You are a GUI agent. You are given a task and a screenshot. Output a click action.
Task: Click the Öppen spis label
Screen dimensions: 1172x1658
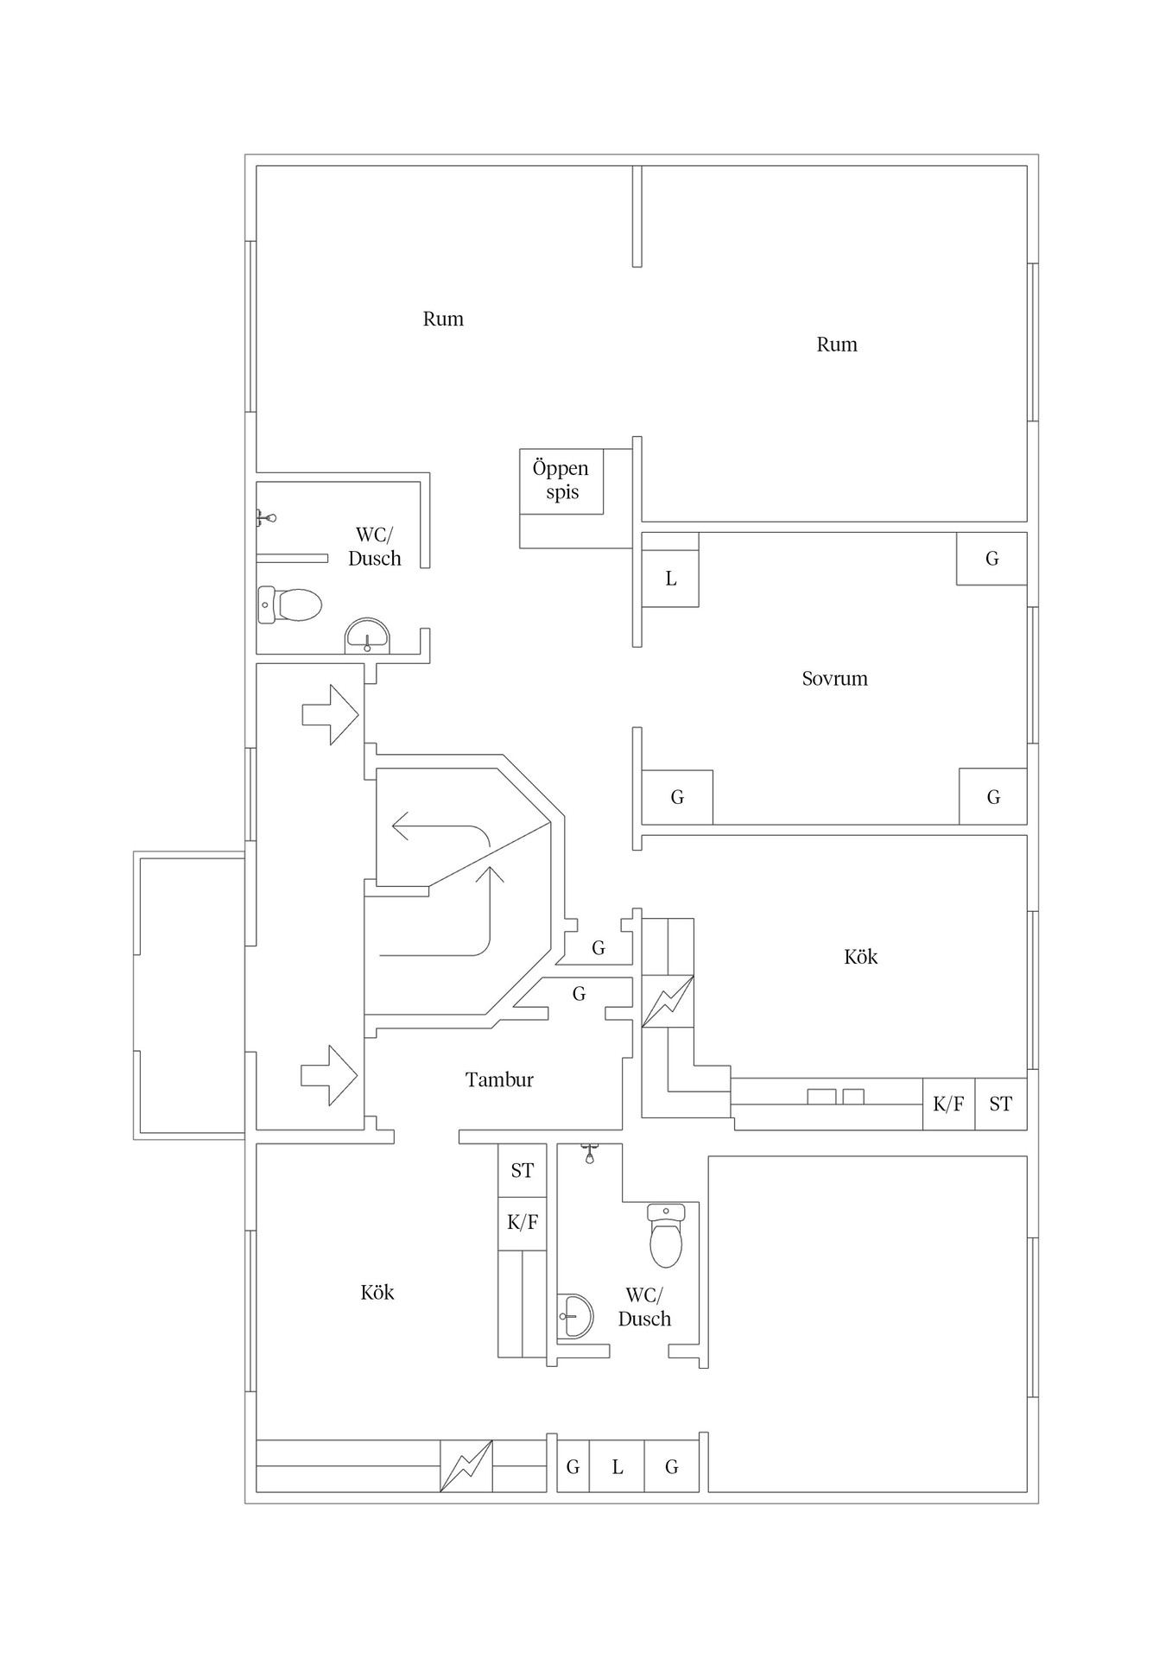pos(561,480)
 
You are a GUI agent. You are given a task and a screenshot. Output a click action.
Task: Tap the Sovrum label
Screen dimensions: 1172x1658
pos(834,679)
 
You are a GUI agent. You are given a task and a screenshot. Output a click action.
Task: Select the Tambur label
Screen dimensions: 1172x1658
pos(499,1079)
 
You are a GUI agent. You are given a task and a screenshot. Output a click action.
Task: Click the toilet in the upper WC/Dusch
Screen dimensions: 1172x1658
pos(290,604)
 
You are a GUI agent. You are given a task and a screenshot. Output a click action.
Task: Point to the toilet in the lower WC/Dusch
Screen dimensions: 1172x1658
pos(666,1235)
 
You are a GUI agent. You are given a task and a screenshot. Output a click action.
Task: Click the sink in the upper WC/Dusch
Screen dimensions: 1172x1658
pos(367,636)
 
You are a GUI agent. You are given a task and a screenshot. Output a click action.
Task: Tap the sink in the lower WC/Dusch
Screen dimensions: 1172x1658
pos(576,1316)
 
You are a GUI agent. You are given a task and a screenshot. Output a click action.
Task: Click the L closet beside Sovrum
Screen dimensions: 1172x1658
pos(670,579)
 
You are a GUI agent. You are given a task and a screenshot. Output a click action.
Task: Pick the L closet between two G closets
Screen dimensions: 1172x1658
pos(617,1466)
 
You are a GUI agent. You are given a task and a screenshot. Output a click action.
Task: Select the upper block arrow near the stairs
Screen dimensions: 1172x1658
pos(330,714)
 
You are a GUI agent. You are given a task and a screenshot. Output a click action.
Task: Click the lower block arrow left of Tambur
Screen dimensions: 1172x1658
pos(329,1075)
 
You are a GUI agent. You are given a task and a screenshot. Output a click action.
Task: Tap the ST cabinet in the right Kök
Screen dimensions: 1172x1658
pos(1001,1104)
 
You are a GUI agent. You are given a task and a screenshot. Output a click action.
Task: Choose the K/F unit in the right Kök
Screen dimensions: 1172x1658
pos(948,1104)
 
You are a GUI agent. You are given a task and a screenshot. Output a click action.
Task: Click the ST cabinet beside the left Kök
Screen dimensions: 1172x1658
pos(522,1170)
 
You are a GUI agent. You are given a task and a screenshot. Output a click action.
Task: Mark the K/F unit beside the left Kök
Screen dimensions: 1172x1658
pos(522,1223)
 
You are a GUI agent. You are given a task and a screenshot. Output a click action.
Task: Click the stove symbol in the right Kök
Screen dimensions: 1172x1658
pos(668,1001)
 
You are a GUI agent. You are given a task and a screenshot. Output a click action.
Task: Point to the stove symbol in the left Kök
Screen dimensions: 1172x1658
pos(466,1466)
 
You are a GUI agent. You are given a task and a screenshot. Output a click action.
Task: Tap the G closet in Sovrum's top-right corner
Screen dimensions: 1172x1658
pos(991,559)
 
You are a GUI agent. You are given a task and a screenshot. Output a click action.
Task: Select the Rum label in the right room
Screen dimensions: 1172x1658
pos(837,345)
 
